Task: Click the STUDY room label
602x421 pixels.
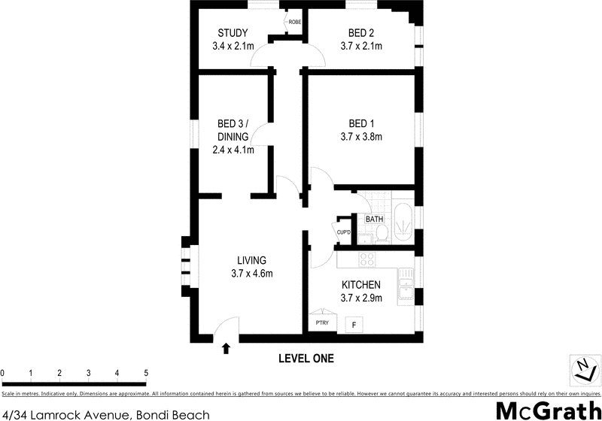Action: (233, 32)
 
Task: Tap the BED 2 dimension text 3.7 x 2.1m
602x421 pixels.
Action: (362, 46)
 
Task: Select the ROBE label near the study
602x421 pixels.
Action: (295, 23)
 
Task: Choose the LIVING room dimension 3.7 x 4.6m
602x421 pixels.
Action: (251, 274)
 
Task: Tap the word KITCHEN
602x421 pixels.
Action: (361, 285)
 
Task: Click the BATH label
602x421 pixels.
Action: (374, 220)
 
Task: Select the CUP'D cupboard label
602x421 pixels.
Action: (345, 232)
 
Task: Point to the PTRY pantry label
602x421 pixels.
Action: (321, 323)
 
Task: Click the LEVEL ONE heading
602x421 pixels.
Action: (306, 359)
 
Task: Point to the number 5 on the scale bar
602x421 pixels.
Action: (145, 373)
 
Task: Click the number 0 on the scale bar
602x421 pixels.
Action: (3, 373)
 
